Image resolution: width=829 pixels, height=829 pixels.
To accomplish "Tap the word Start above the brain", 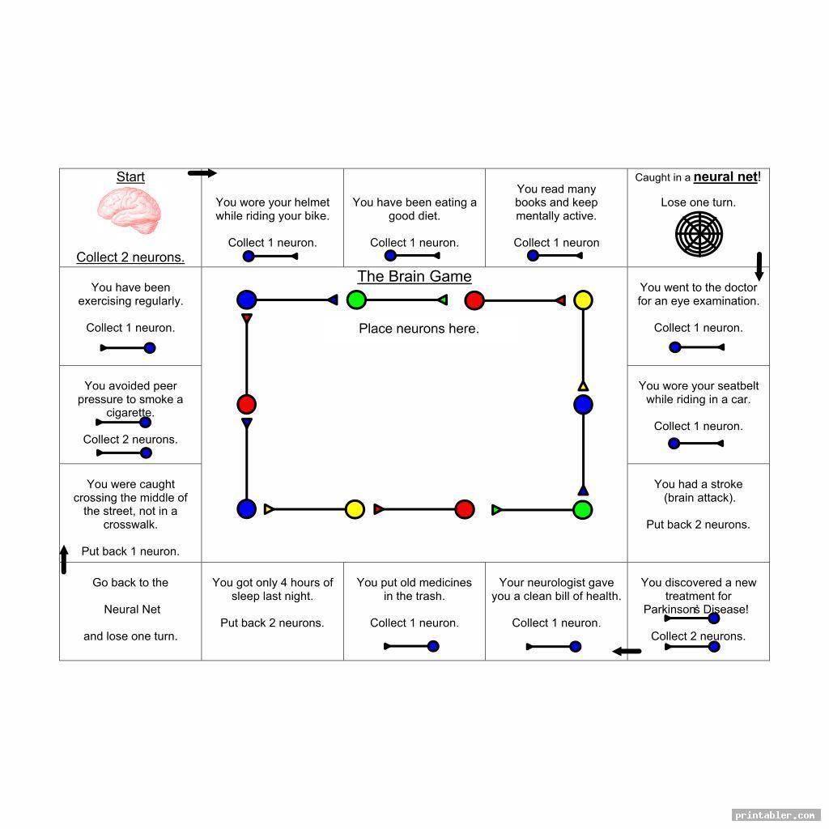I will (130, 177).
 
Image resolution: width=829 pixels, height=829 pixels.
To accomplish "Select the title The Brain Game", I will (414, 276).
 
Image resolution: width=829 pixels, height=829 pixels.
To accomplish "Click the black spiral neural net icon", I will (699, 235).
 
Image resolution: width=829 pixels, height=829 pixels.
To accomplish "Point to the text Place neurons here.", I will (419, 329).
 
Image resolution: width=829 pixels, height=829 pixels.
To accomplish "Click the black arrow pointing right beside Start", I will (202, 173).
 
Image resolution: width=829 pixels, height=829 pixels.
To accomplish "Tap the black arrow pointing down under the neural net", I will (759, 266).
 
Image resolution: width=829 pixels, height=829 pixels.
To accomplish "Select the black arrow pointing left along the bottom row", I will (627, 651).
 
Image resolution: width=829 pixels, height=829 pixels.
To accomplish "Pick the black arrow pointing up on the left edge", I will (64, 559).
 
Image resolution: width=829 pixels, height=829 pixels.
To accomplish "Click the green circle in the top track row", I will (356, 300).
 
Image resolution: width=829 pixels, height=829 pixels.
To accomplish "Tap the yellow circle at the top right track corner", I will (583, 300).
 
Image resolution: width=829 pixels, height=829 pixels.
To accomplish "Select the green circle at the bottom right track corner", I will (583, 510).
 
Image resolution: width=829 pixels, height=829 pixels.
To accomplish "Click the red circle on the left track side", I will (247, 405).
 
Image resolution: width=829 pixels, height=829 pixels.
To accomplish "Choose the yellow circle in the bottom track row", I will (355, 509).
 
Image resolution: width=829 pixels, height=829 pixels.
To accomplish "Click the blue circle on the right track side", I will (583, 405).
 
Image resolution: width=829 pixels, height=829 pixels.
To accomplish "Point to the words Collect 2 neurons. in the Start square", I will (130, 257).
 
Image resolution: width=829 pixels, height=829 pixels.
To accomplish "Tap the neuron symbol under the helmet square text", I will (271, 257).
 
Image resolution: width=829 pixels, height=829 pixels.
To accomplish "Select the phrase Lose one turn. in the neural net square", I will (698, 202).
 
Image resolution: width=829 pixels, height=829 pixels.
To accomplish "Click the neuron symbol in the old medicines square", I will (412, 646).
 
